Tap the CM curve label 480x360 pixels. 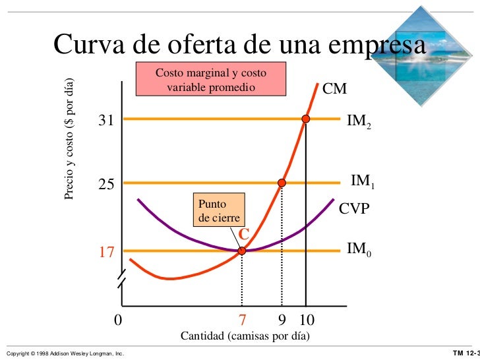click(334, 88)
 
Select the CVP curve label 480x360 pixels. click(354, 209)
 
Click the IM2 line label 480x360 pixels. click(359, 121)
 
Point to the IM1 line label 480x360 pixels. click(363, 181)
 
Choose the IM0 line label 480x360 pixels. click(359, 250)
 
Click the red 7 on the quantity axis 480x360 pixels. click(241, 320)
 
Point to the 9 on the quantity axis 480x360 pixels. click(282, 320)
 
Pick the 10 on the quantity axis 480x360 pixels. click(307, 320)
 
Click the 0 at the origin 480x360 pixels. click(118, 320)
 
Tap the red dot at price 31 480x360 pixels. click(305, 119)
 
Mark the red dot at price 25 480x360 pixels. click(282, 183)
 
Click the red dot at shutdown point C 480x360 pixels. click(242, 251)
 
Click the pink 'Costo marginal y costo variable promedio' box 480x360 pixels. click(210, 79)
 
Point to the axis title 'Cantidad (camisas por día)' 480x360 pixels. click(245, 336)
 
